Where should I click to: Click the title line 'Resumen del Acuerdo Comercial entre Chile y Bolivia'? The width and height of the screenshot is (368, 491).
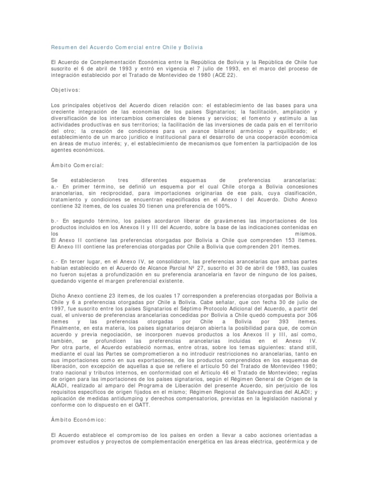coord(127,47)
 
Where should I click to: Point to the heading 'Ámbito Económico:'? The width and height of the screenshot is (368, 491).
coord(78,420)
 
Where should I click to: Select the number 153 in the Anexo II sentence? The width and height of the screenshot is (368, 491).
coord(276,240)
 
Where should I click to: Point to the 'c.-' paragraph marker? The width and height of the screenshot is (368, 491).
coord(55,261)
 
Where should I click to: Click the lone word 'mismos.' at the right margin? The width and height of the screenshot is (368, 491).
coord(305,233)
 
